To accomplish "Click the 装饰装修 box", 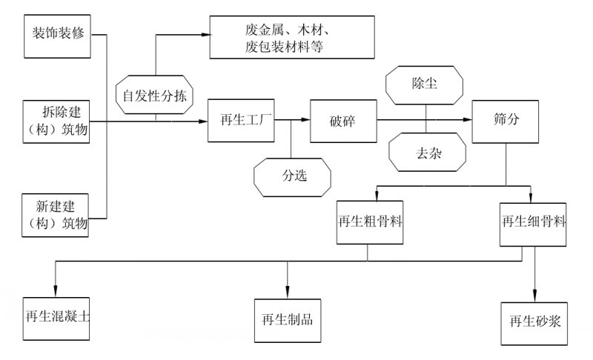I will click(x=57, y=35).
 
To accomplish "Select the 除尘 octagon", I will click(x=425, y=84).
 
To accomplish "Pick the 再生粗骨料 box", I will click(x=370, y=221).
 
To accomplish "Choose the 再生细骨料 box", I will click(x=532, y=221).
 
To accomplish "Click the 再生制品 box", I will click(x=287, y=320).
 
